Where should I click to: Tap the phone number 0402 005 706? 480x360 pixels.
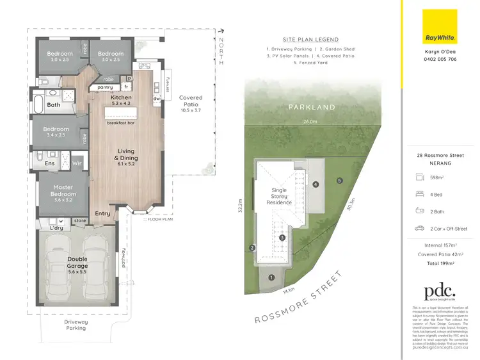[x=440, y=59]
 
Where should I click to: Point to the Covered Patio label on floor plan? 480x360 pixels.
[x=191, y=102]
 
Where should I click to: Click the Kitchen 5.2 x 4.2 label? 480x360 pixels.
[x=122, y=100]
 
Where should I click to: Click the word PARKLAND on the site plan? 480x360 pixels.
[x=310, y=108]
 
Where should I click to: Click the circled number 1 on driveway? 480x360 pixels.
[x=271, y=277]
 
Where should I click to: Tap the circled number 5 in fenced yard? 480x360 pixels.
[x=340, y=180]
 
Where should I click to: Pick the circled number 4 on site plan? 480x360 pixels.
[x=316, y=184]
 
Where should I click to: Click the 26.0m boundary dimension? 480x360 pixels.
[x=310, y=122]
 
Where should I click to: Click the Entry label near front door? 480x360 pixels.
[x=102, y=213]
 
